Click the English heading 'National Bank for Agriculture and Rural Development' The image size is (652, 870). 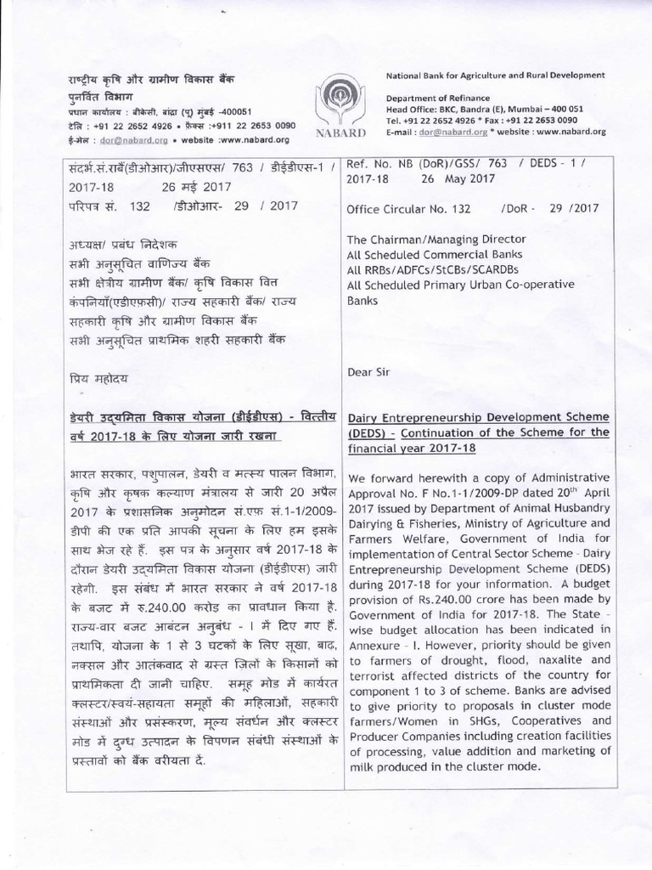495,76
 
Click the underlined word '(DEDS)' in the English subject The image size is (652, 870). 364,432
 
